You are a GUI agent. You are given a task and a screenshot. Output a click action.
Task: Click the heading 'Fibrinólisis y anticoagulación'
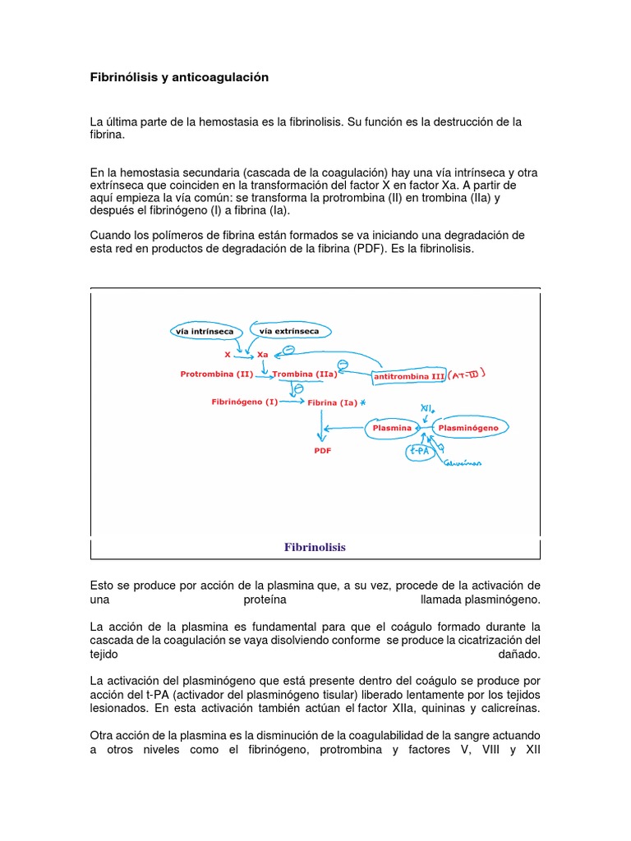[179, 77]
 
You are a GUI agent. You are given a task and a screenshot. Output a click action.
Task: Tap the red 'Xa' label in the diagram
[263, 354]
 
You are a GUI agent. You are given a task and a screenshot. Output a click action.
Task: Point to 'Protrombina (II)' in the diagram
[216, 374]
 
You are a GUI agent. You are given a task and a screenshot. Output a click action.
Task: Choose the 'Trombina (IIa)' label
[303, 374]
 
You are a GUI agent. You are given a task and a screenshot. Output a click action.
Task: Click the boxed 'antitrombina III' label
[408, 377]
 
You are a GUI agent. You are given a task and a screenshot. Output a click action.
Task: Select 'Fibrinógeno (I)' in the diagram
[244, 402]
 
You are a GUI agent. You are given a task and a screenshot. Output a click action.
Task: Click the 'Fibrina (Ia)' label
[331, 402]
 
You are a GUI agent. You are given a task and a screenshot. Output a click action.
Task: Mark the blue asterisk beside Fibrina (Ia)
[362, 402]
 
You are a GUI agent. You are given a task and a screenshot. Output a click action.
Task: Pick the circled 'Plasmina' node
[391, 428]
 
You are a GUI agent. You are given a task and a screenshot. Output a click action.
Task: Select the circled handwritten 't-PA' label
[419, 451]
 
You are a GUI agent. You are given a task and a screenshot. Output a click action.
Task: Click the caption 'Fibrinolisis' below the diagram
[315, 547]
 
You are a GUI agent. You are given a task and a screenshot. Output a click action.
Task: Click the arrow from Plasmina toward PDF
[345, 428]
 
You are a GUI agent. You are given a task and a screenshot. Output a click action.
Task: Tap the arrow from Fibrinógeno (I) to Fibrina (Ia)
[291, 402]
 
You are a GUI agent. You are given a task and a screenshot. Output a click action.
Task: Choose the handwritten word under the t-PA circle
[463, 463]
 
